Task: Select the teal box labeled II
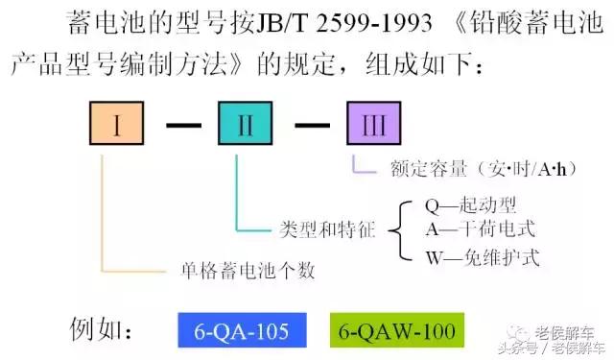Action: click(245, 124)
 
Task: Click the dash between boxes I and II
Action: click(181, 125)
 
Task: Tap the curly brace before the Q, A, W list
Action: click(403, 230)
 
